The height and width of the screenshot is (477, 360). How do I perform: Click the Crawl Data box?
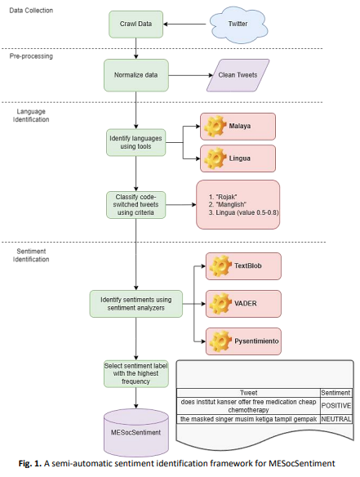136,25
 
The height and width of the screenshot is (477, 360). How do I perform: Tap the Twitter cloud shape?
238,24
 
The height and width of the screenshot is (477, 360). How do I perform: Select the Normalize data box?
136,75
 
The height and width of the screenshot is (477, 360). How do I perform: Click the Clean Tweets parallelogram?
238,75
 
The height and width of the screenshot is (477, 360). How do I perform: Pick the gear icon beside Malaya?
215,126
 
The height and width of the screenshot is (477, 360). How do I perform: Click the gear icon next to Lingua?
215,158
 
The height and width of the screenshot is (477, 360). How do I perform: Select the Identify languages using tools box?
136,142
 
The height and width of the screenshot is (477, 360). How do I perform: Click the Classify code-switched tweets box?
136,205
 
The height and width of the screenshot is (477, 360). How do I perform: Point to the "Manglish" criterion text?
228,204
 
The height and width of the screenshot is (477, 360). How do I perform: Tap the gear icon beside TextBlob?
220,266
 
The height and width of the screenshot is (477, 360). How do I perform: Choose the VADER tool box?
243,304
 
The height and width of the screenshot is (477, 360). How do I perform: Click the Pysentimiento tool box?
243,341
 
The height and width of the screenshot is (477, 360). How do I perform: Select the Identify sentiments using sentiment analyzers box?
136,304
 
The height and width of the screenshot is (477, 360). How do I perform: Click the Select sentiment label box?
136,373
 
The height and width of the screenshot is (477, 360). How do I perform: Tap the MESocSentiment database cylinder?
136,432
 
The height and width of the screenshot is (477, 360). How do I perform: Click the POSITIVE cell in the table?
336,406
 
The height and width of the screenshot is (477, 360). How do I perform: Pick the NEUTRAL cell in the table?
336,419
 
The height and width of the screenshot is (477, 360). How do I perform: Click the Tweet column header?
248,393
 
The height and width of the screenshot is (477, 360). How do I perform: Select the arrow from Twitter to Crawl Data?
184,25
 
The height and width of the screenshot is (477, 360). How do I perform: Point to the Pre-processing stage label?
31,56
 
